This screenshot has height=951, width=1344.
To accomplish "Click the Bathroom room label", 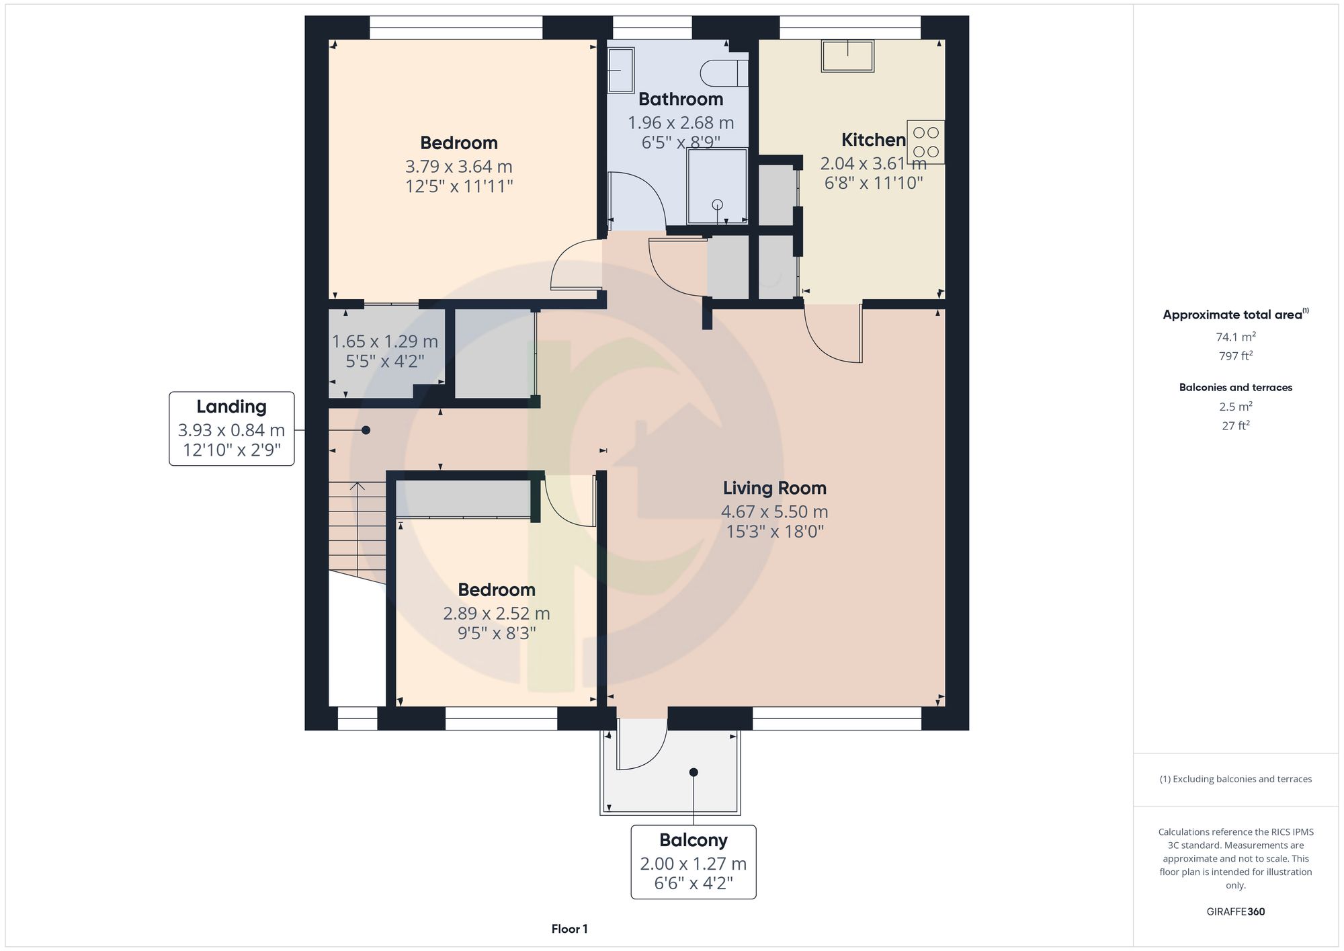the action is pyautogui.click(x=681, y=99).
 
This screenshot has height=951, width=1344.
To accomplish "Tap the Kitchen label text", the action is pyautogui.click(x=874, y=140).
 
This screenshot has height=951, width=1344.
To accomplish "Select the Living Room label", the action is pyautogui.click(x=775, y=488).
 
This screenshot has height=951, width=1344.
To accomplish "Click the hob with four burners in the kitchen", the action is pyautogui.click(x=925, y=142).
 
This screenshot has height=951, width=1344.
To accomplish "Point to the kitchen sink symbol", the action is pyautogui.click(x=847, y=56).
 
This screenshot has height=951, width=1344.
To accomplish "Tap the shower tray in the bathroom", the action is pyautogui.click(x=717, y=186).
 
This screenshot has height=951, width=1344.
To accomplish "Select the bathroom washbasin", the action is pyautogui.click(x=621, y=70).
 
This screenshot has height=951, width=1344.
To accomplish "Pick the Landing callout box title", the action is pyautogui.click(x=231, y=407).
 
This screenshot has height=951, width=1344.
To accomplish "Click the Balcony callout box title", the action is pyautogui.click(x=694, y=840).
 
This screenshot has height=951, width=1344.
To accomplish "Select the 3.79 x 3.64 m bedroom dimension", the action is pyautogui.click(x=459, y=166).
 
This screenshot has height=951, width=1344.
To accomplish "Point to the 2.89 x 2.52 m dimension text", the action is pyautogui.click(x=497, y=614).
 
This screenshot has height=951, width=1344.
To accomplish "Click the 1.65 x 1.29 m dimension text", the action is pyautogui.click(x=385, y=341).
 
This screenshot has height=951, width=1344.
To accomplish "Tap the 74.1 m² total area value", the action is pyautogui.click(x=1236, y=337).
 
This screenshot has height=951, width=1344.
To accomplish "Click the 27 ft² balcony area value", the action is pyautogui.click(x=1236, y=425).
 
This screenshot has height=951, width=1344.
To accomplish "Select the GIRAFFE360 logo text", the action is pyautogui.click(x=1236, y=912).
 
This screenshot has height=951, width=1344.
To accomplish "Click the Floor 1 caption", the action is pyautogui.click(x=570, y=929).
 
